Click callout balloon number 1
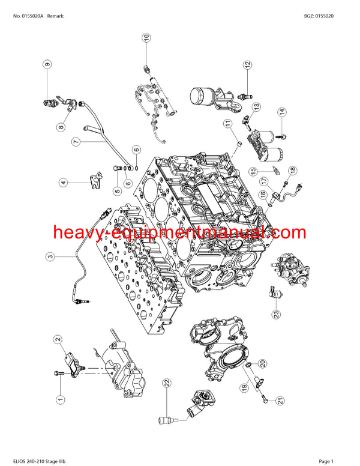[x=60, y=399]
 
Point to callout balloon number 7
[x=76, y=142]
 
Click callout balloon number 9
[x=46, y=64]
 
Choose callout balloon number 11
[x=228, y=124]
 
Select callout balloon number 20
[x=263, y=363]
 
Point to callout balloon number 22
[x=167, y=383]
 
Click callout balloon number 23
[x=275, y=313]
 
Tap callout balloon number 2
[x=58, y=340]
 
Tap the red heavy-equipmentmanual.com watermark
[x=179, y=232]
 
